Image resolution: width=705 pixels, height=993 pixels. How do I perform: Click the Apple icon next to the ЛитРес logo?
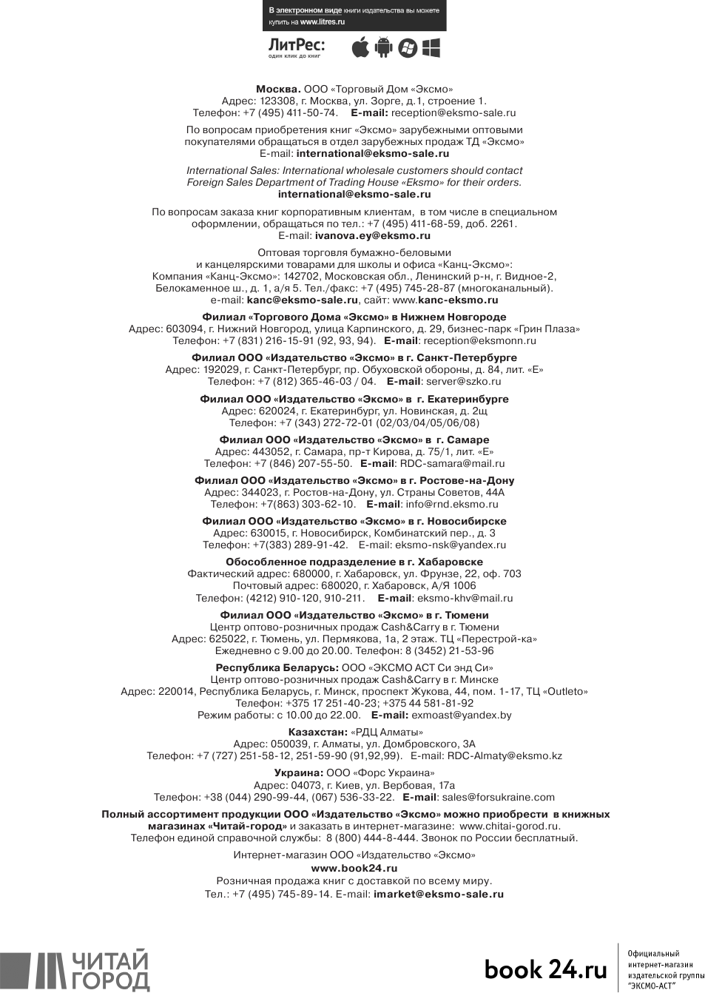[360, 47]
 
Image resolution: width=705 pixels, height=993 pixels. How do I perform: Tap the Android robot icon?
[383, 47]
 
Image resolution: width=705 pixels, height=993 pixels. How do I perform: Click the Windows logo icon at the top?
[431, 47]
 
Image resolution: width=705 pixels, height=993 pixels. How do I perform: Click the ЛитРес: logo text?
[296, 46]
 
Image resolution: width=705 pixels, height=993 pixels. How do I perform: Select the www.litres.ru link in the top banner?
[323, 22]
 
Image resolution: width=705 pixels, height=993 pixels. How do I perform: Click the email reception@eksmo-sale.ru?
[453, 112]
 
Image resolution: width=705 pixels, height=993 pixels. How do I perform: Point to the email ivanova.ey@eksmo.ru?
[372, 235]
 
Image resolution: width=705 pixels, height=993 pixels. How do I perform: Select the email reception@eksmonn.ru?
[479, 340]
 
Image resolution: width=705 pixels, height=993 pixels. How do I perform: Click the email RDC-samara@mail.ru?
[452, 463]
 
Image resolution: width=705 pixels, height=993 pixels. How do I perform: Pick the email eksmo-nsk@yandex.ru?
[451, 545]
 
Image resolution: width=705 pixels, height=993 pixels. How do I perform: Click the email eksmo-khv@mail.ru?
[465, 598]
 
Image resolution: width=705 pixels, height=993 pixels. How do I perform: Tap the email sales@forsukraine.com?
[498, 797]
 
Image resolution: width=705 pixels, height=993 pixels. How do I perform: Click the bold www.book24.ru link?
[354, 868]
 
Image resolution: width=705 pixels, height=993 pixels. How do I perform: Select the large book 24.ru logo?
[545, 969]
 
